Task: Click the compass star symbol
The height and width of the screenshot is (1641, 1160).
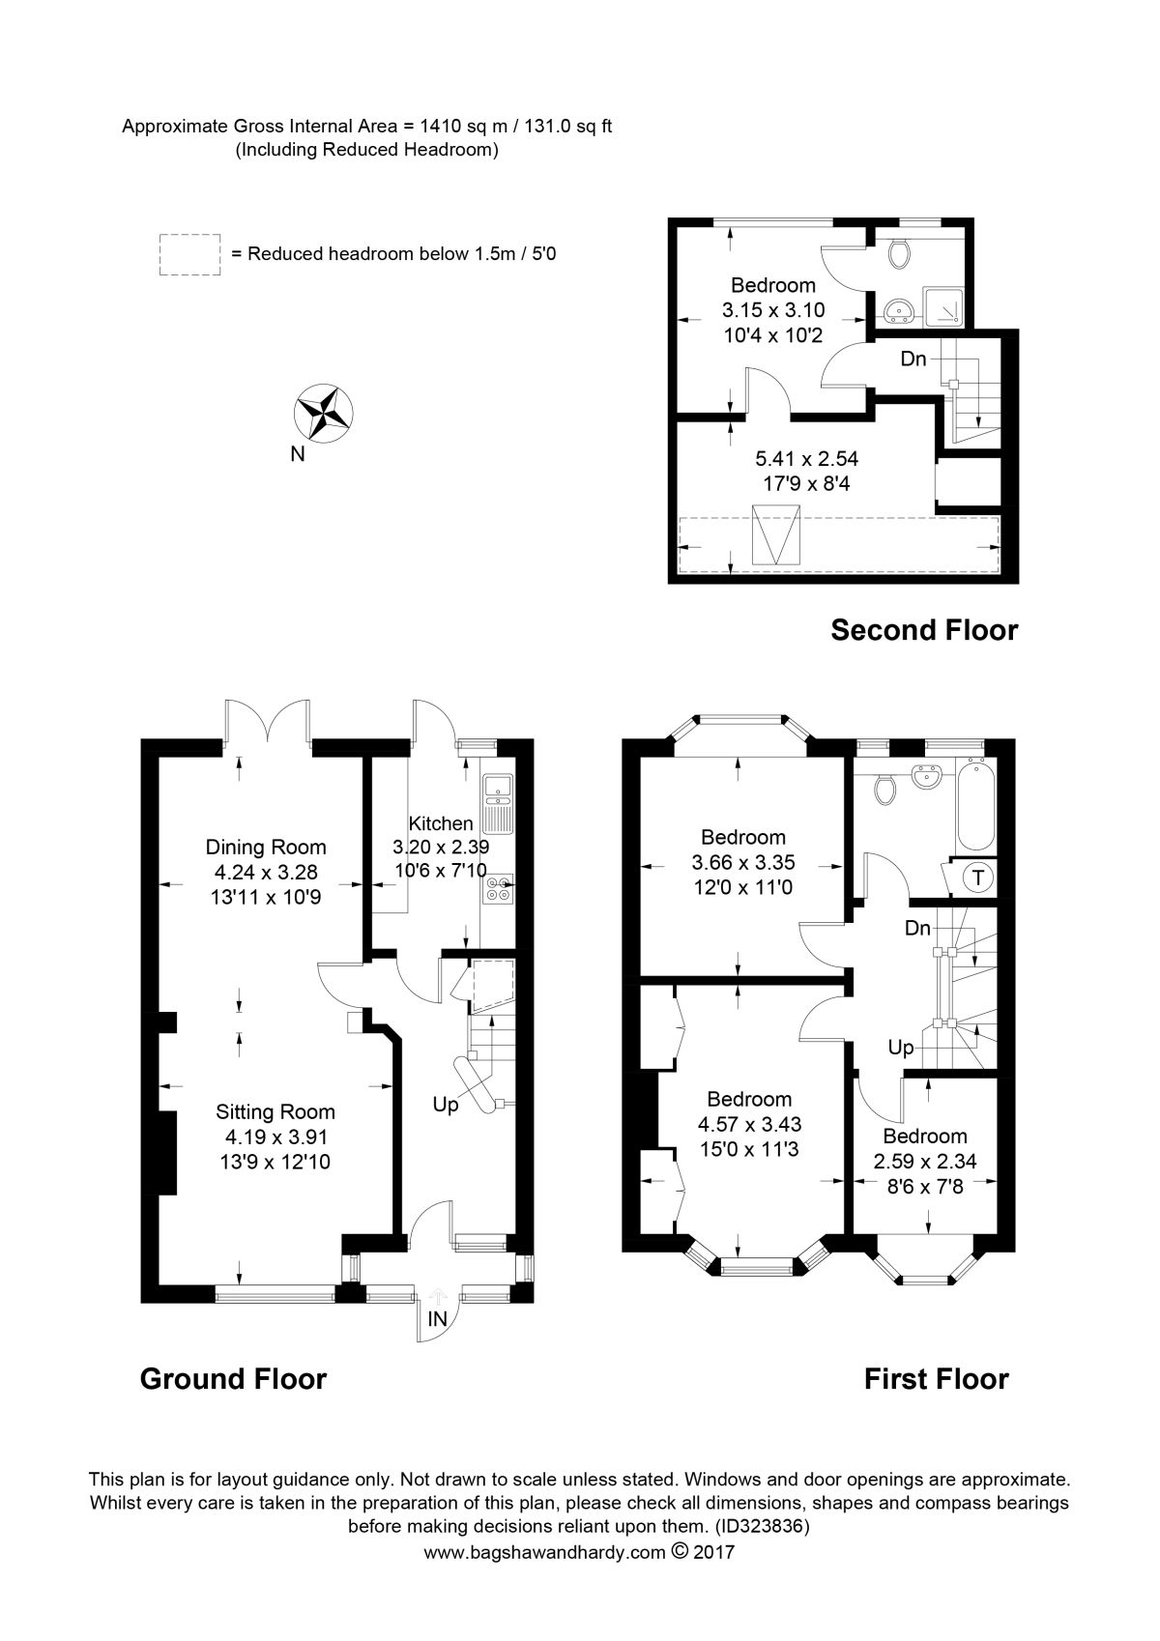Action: pyautogui.click(x=323, y=413)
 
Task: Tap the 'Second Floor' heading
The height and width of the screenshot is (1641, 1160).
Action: pyautogui.click(x=924, y=630)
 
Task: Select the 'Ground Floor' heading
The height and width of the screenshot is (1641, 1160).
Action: pyautogui.click(x=233, y=1379)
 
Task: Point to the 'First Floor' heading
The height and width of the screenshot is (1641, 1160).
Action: pyautogui.click(x=937, y=1379)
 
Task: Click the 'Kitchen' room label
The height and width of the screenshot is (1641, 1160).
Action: pyautogui.click(x=441, y=822)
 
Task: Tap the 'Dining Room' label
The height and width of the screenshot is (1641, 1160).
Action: pyautogui.click(x=265, y=848)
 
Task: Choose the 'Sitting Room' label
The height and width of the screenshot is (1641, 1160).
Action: pyautogui.click(x=275, y=1112)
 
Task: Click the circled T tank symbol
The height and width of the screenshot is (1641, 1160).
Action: pyautogui.click(x=978, y=877)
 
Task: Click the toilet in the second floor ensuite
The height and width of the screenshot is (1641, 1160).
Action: pyautogui.click(x=898, y=253)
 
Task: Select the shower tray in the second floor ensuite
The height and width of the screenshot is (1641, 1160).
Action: pyautogui.click(x=943, y=307)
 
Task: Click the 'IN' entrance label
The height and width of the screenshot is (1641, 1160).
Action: pyautogui.click(x=438, y=1318)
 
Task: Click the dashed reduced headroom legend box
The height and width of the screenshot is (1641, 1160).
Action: pyautogui.click(x=189, y=254)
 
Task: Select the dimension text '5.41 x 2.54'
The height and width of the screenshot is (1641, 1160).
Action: pyautogui.click(x=807, y=459)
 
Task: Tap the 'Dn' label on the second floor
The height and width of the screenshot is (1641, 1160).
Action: pyautogui.click(x=913, y=359)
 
